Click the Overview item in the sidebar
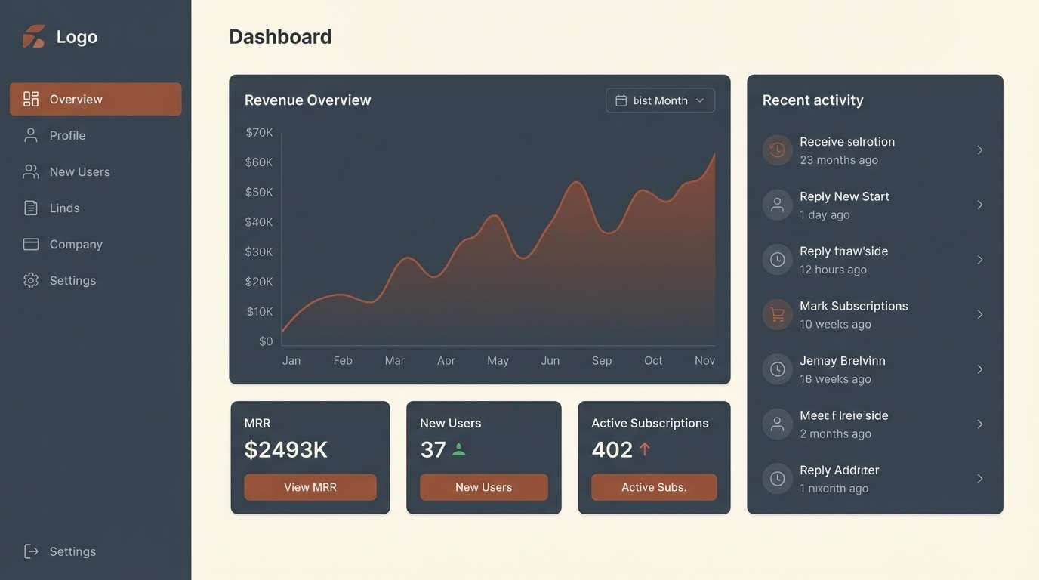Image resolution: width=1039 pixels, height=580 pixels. pos(95,99)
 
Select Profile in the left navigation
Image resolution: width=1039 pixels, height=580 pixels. pos(67,135)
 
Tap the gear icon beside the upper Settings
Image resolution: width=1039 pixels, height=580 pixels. pos(31,280)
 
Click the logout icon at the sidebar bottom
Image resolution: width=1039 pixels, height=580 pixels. pos(31,551)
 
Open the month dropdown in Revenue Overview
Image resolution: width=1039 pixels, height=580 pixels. pos(660,100)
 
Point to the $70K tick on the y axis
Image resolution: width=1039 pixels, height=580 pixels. pos(259,132)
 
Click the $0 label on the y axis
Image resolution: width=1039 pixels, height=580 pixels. pos(265,341)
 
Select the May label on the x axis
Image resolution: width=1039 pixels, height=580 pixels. pos(498,361)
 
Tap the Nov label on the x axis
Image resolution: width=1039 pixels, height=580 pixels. pos(704,361)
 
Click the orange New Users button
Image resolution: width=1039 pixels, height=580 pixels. pos(483,487)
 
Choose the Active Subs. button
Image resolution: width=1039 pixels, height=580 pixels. pos(654,487)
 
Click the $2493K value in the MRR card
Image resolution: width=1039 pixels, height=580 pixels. pos(285,450)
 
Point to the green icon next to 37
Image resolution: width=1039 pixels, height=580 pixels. pos(458,450)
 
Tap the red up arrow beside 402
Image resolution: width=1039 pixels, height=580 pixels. pos(645,449)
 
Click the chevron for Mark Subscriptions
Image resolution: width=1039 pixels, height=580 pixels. pos(979,314)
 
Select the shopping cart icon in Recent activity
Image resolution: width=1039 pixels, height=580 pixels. pos(777,314)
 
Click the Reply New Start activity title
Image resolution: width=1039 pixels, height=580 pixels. pos(844,196)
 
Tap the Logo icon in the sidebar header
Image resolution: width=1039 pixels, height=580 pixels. pos(34,36)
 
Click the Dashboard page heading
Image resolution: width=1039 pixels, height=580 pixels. pos(280,37)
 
